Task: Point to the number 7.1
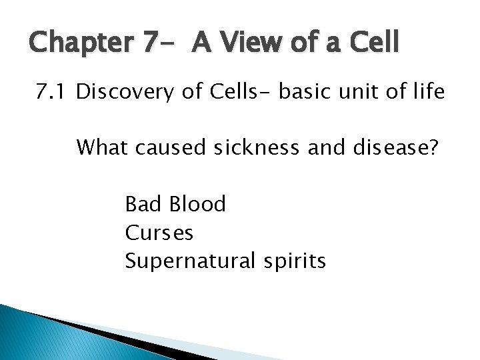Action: pos(51,93)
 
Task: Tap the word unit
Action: pos(364,93)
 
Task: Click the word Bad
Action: pos(142,203)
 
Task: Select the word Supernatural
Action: pos(186,261)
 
